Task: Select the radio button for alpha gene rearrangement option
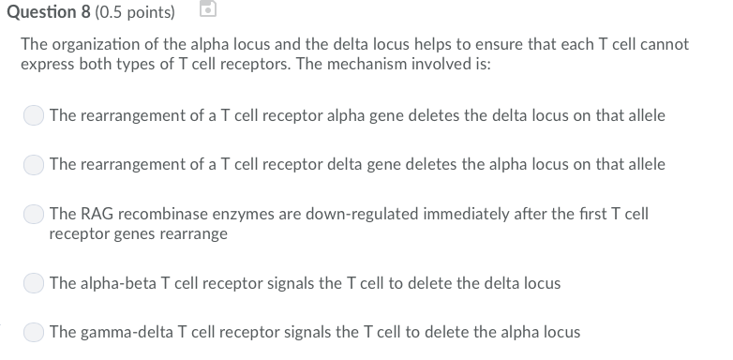35,116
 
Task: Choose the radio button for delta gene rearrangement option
35,165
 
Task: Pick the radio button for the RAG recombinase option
35,215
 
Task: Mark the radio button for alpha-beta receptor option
35,283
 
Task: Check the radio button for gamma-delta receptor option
35,332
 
